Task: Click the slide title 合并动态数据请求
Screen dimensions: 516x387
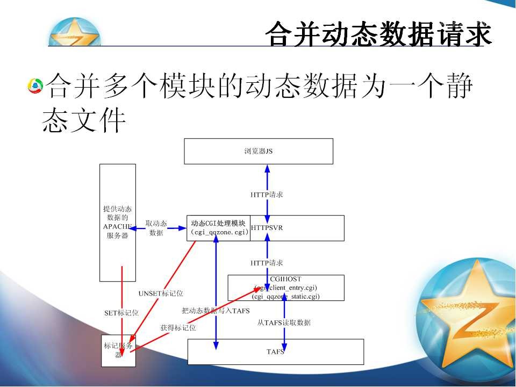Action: pyautogui.click(x=378, y=34)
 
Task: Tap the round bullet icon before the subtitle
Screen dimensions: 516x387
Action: pyautogui.click(x=35, y=85)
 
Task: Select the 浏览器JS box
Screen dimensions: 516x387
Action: pyautogui.click(x=259, y=151)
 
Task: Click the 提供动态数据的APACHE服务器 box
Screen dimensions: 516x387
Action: pyautogui.click(x=118, y=222)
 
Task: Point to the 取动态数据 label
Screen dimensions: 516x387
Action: pyautogui.click(x=156, y=228)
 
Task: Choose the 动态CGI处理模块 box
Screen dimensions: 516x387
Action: pyautogui.click(x=219, y=228)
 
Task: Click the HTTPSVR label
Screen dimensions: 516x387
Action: pyautogui.click(x=267, y=228)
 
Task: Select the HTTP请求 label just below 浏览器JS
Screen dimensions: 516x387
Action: pyautogui.click(x=267, y=195)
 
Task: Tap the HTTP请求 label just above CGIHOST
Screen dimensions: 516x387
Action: pyautogui.click(x=267, y=263)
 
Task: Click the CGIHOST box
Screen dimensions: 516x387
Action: pyautogui.click(x=286, y=288)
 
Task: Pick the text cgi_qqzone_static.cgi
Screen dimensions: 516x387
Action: pyautogui.click(x=286, y=296)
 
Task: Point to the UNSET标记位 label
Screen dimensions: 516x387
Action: pyautogui.click(x=161, y=293)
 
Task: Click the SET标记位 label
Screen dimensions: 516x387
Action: pyautogui.click(x=121, y=312)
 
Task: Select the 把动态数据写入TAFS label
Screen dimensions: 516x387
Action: pyautogui.click(x=216, y=311)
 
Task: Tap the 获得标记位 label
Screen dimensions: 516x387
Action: pyautogui.click(x=178, y=327)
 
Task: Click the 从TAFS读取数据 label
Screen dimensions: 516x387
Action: pyautogui.click(x=284, y=322)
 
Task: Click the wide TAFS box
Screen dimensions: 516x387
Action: pyautogui.click(x=275, y=352)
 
